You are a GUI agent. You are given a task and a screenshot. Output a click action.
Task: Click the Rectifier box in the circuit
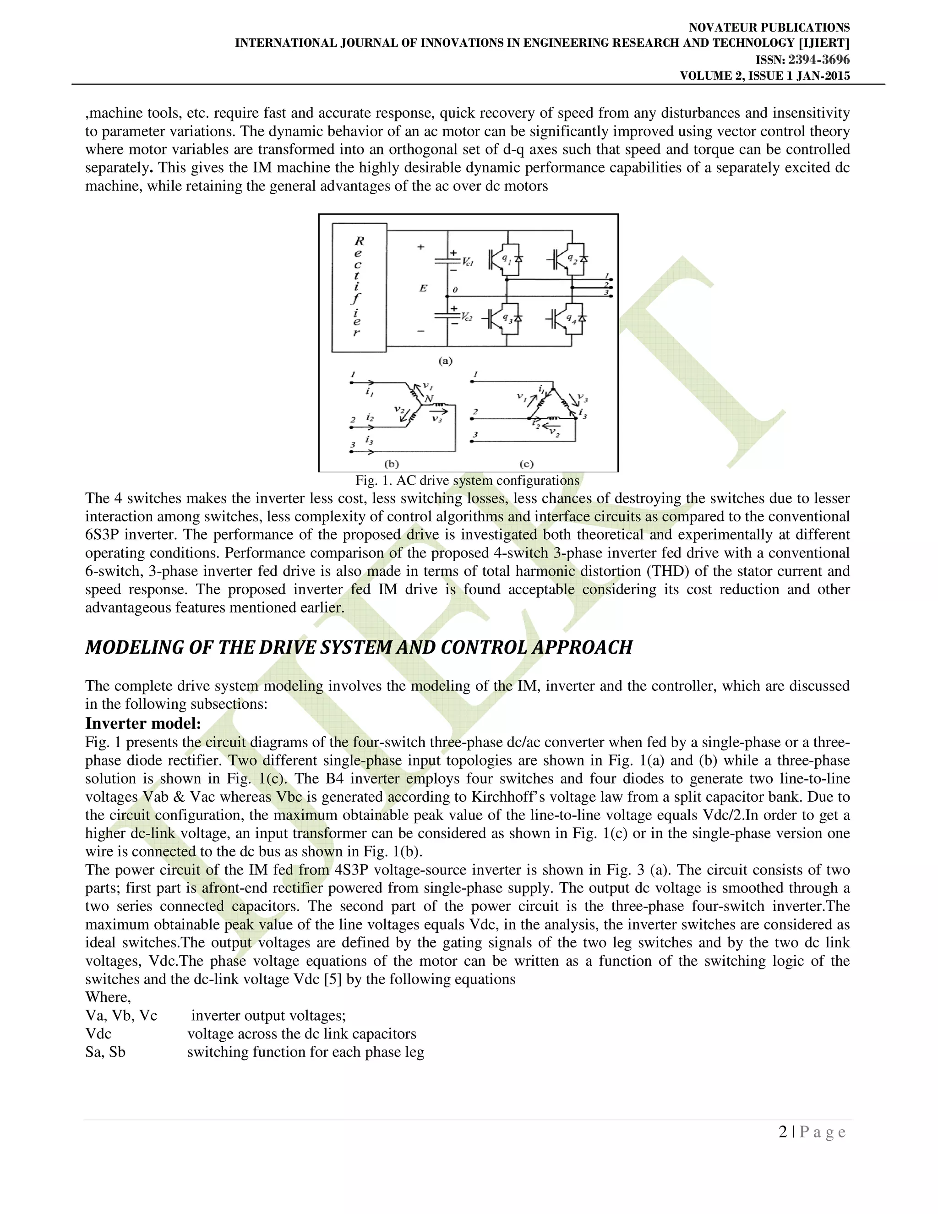(x=359, y=287)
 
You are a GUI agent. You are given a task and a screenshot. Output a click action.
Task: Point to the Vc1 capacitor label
(x=467, y=261)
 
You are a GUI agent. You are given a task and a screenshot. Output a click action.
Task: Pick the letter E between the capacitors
(x=424, y=288)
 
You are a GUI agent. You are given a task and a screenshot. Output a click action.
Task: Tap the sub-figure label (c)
(x=526, y=464)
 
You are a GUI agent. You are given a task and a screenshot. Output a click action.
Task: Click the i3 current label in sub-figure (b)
(x=369, y=440)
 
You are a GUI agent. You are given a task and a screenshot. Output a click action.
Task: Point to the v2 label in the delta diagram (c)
(x=554, y=432)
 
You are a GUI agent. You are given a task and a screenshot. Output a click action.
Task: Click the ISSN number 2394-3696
(x=818, y=60)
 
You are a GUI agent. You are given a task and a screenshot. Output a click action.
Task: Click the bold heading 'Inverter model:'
(x=143, y=723)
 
